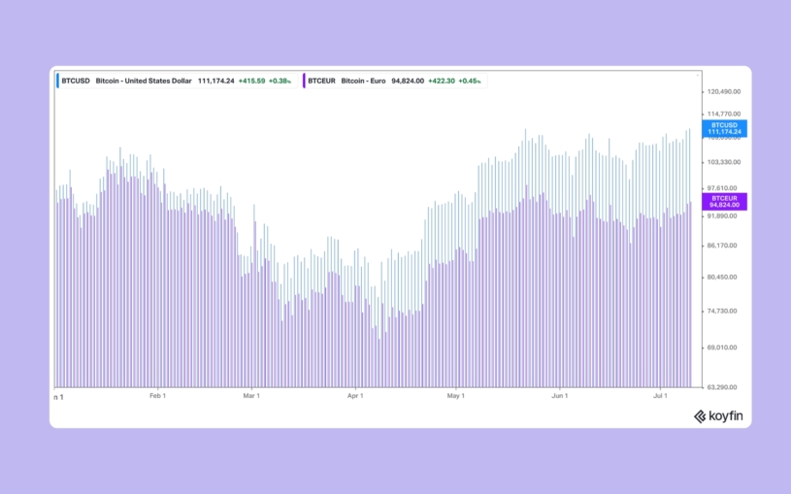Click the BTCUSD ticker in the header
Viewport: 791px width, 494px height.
74,81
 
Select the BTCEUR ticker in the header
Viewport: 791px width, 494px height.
322,81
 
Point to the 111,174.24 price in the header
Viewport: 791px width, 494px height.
216,81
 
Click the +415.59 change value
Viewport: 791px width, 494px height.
251,81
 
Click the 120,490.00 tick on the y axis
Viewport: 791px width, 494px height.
723,92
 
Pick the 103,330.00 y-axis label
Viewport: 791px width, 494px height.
723,162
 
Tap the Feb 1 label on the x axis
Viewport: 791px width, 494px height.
157,396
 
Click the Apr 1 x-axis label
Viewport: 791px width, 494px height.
355,396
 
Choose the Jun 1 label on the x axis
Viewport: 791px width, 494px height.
559,396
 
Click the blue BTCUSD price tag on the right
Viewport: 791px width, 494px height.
724,128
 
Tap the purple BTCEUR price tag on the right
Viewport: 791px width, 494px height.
724,201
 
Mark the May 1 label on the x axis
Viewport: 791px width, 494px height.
456,396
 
